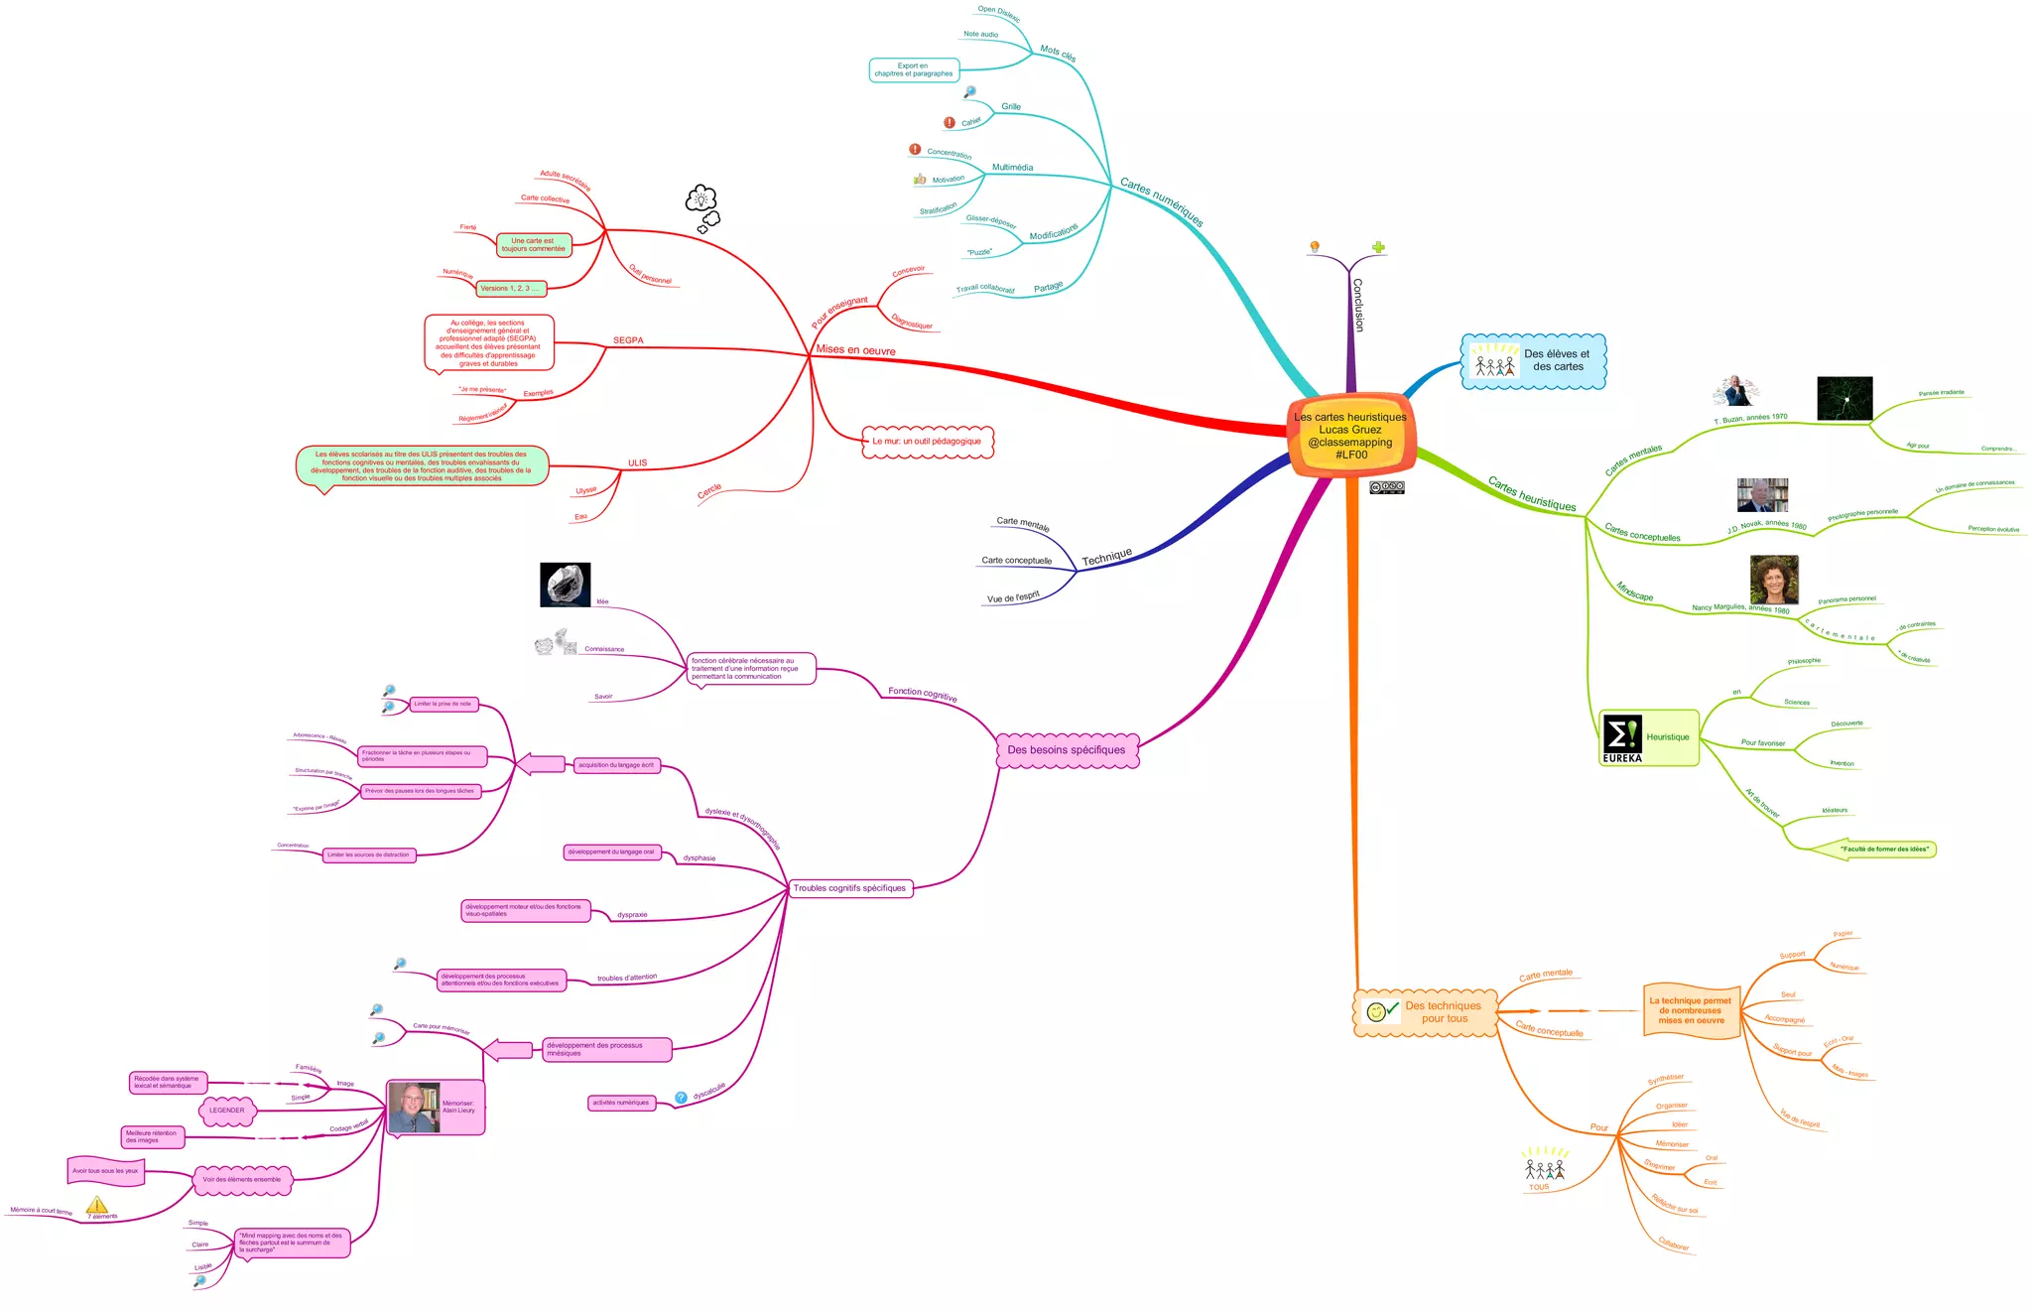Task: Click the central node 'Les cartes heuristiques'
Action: point(1350,436)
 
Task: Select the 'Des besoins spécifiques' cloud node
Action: point(1067,750)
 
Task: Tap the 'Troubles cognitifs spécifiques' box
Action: point(849,888)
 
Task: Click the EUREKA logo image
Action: point(1622,738)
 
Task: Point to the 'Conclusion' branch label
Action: point(1357,304)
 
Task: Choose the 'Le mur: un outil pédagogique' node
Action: point(927,442)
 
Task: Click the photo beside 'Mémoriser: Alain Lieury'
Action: point(413,1108)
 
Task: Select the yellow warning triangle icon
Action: point(96,1205)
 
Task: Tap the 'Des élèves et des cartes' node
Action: point(1534,361)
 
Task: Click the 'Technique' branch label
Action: point(1106,558)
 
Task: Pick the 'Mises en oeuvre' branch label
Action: point(855,350)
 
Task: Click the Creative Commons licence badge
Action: point(1386,487)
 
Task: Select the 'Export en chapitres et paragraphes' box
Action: point(914,69)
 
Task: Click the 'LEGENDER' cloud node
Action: point(227,1111)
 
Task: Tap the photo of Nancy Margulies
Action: point(1774,580)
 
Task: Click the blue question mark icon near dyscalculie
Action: point(681,1098)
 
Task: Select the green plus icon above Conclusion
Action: point(1378,247)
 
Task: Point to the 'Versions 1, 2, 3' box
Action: point(510,289)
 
